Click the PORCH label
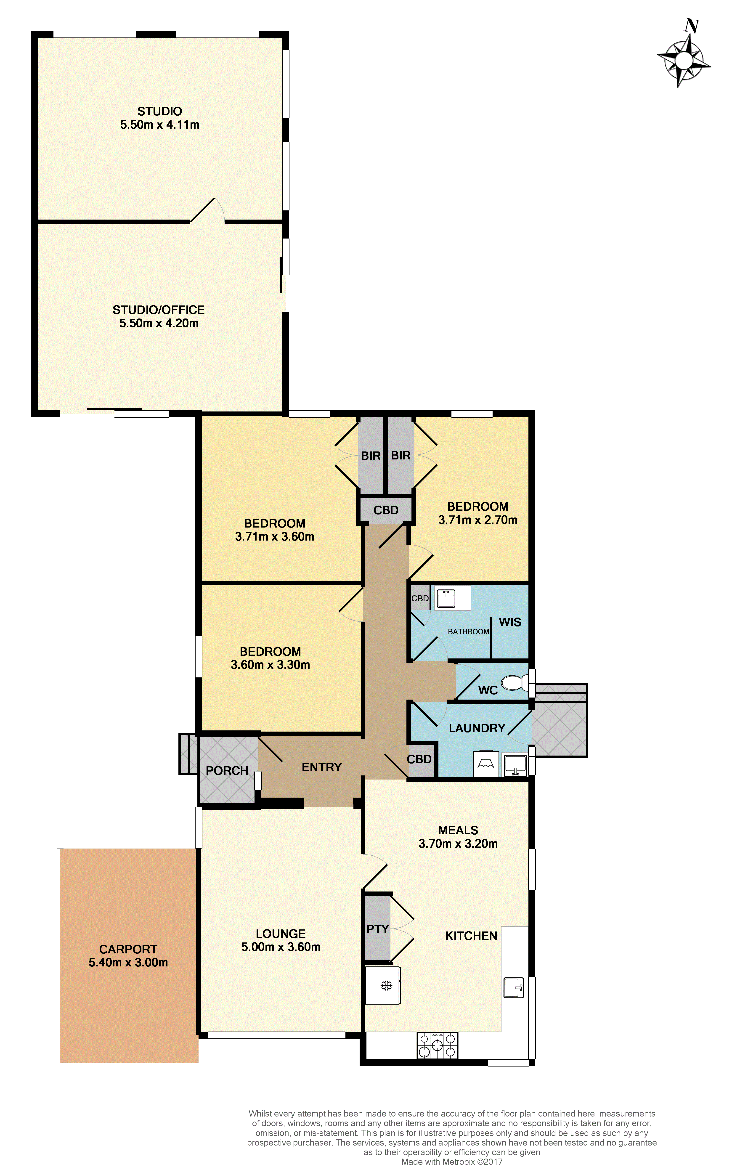point(227,771)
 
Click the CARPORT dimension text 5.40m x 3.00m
point(128,962)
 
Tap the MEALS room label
point(458,830)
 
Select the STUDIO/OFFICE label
point(158,310)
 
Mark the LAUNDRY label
point(477,728)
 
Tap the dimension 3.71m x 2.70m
point(478,520)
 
